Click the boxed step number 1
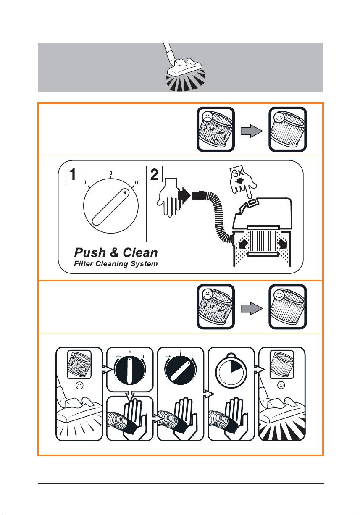click(73, 174)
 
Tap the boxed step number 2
click(155, 174)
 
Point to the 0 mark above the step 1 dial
click(111, 173)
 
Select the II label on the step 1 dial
click(137, 183)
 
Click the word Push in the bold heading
click(90, 253)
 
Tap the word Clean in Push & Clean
click(140, 253)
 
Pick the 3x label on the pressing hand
click(238, 173)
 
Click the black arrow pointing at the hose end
click(184, 196)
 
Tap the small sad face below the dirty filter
click(79, 386)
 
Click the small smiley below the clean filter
click(281, 385)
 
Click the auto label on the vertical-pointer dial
click(118, 356)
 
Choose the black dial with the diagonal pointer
click(181, 370)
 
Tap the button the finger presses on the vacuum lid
click(252, 202)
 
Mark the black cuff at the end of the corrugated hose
click(198, 195)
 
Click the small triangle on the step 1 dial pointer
click(125, 192)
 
